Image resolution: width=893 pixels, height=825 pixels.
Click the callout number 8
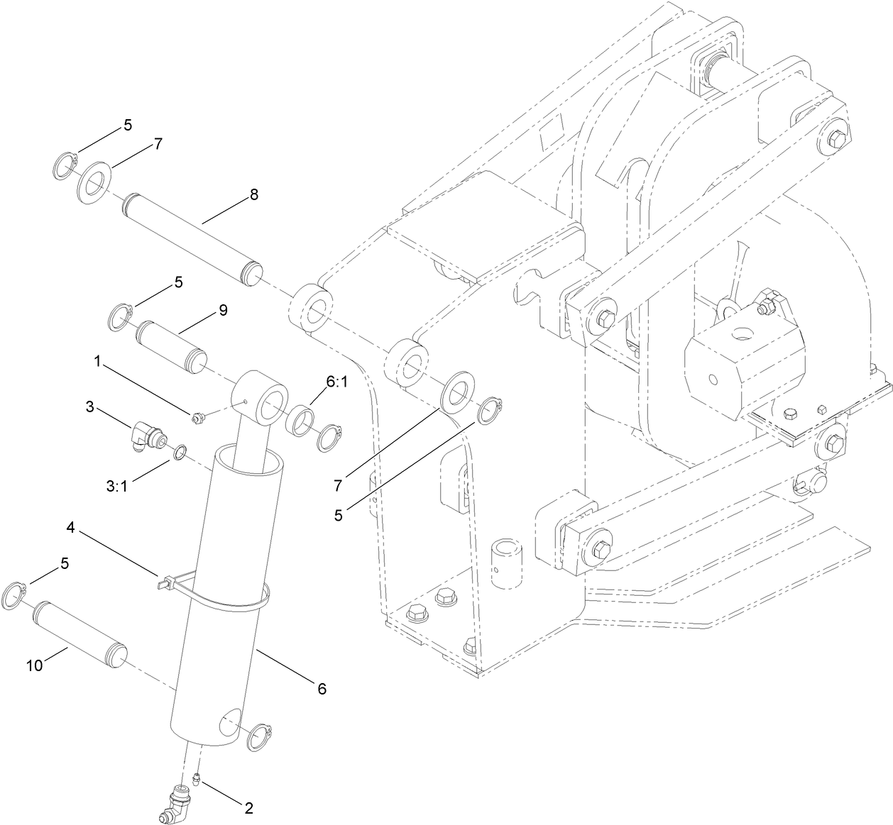pos(253,194)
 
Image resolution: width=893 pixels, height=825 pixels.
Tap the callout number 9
pos(224,310)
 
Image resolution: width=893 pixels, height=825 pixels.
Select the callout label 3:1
pos(116,486)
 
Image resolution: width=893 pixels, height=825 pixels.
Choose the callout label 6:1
pos(337,382)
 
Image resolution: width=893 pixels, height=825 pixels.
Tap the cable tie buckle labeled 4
pos(163,583)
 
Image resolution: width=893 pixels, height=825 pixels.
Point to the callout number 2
pos(248,807)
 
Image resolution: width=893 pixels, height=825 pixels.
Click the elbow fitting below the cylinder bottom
pos(175,805)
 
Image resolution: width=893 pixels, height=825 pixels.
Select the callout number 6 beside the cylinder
pos(322,688)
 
